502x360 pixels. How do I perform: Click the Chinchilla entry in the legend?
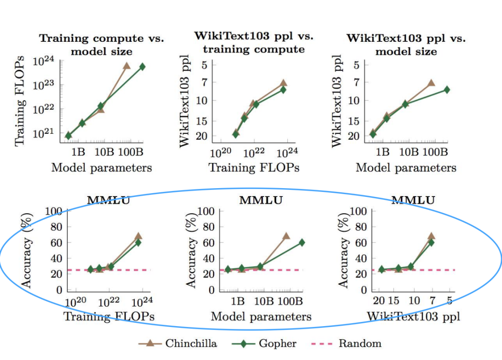pyautogui.click(x=191, y=344)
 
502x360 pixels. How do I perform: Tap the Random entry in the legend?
pyautogui.click(x=360, y=344)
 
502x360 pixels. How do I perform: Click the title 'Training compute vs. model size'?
pyautogui.click(x=101, y=45)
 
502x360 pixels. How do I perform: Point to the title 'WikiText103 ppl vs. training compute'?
pyautogui.click(x=254, y=42)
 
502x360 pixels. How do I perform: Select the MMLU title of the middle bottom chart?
pyautogui.click(x=261, y=201)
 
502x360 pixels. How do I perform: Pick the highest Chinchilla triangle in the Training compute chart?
pyautogui.click(x=126, y=66)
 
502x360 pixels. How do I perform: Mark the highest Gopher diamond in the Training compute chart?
pyautogui.click(x=142, y=67)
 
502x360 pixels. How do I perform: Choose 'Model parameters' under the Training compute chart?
pyautogui.click(x=101, y=168)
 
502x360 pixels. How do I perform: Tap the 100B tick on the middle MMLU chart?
pyautogui.click(x=291, y=301)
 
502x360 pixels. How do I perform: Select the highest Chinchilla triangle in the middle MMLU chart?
pyautogui.click(x=286, y=236)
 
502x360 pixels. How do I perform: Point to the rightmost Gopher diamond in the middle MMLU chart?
pyautogui.click(x=302, y=242)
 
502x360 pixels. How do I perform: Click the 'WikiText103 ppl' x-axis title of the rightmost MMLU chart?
pyautogui.click(x=414, y=317)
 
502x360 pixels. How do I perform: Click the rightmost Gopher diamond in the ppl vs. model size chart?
pyautogui.click(x=447, y=90)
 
